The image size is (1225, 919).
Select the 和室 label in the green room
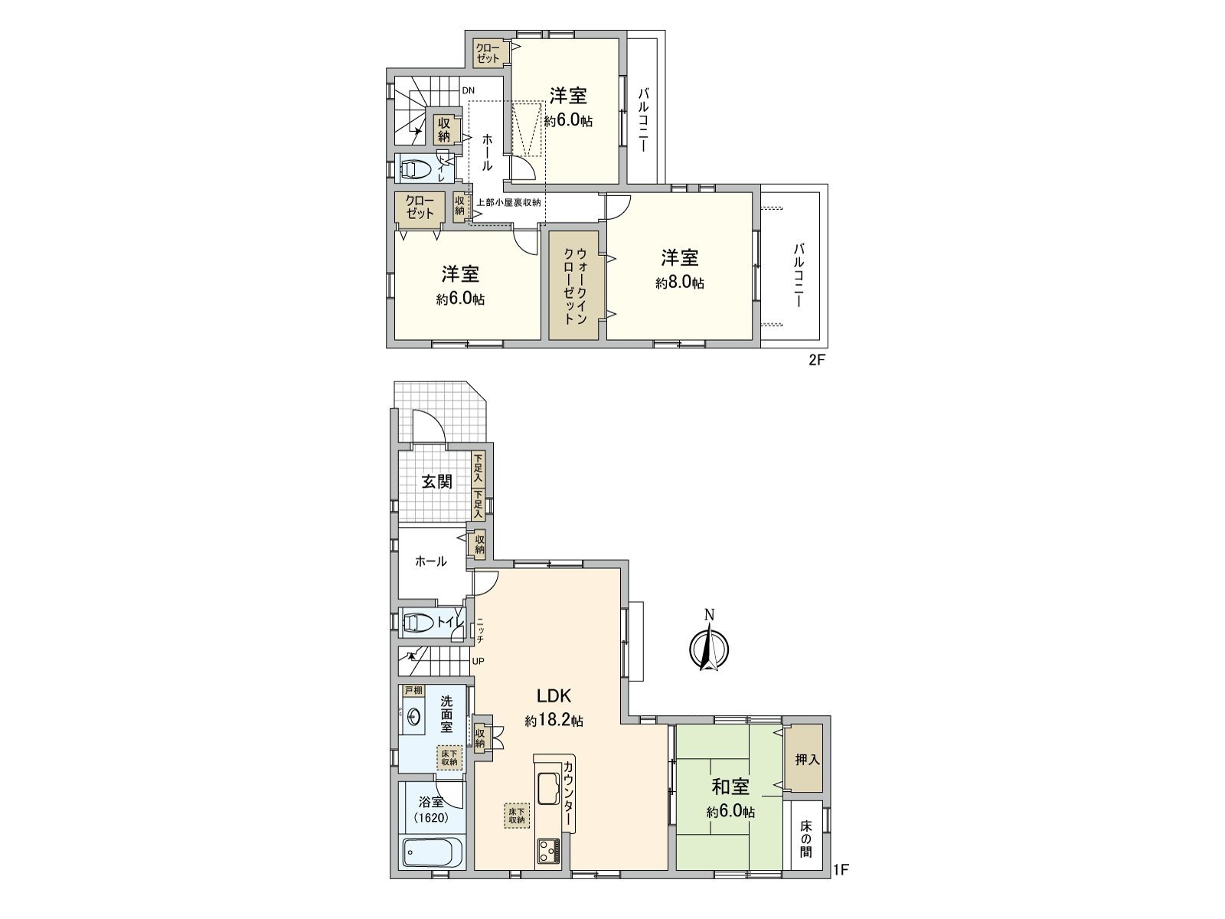[x=730, y=787]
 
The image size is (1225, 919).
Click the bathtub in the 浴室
[x=432, y=852]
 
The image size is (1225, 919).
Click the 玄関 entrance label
[x=436, y=481]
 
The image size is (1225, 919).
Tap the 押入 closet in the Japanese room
[x=807, y=760]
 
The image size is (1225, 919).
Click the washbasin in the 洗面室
[x=414, y=717]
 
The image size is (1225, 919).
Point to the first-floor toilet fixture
[x=419, y=623]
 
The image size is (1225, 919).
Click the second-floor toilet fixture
[x=416, y=168]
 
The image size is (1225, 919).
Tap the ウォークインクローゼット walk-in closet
[x=576, y=286]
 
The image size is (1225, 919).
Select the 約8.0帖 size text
[x=680, y=283]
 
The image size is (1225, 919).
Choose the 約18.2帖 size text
[x=554, y=721]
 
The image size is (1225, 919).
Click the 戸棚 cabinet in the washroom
[x=413, y=691]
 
